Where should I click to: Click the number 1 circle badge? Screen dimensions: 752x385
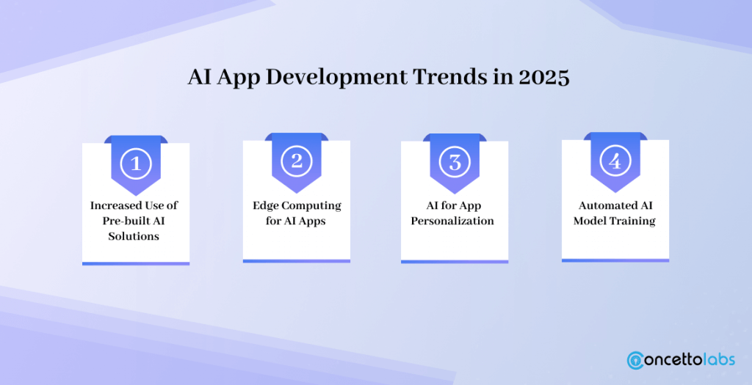click(x=136, y=164)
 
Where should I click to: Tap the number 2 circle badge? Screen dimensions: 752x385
click(x=297, y=161)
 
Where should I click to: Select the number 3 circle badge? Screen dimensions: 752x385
click(x=455, y=162)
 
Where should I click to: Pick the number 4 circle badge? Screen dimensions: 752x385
click(x=615, y=161)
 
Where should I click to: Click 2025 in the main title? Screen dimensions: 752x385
click(x=544, y=77)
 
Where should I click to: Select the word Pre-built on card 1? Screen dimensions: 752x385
click(x=125, y=221)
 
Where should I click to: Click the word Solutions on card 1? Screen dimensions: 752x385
click(x=134, y=236)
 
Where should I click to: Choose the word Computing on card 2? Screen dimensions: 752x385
click(x=311, y=206)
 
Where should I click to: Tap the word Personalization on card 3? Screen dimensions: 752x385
click(x=452, y=221)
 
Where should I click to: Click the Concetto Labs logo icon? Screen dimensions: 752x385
click(x=635, y=360)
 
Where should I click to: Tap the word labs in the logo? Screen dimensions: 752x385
click(x=718, y=359)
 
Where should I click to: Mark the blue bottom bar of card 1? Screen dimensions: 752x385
click(x=136, y=263)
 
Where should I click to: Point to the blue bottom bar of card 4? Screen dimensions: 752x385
click(x=615, y=260)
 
